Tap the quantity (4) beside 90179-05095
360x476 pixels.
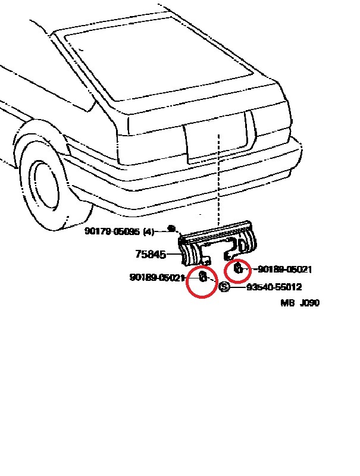pyautogui.click(x=149, y=231)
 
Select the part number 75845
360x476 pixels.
pyautogui.click(x=151, y=255)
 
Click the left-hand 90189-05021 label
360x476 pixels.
pyautogui.click(x=157, y=277)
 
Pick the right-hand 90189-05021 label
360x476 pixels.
pyautogui.click(x=284, y=270)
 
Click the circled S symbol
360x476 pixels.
pyautogui.click(x=224, y=287)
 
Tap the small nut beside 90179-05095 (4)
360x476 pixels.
pyautogui.click(x=171, y=228)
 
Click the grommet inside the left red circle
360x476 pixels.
pyautogui.click(x=202, y=277)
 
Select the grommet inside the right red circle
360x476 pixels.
pyautogui.click(x=237, y=268)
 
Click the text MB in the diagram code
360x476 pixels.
pyautogui.click(x=288, y=303)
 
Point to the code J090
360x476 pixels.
pyautogui.click(x=309, y=303)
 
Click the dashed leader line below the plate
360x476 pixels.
pyautogui.click(x=219, y=190)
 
